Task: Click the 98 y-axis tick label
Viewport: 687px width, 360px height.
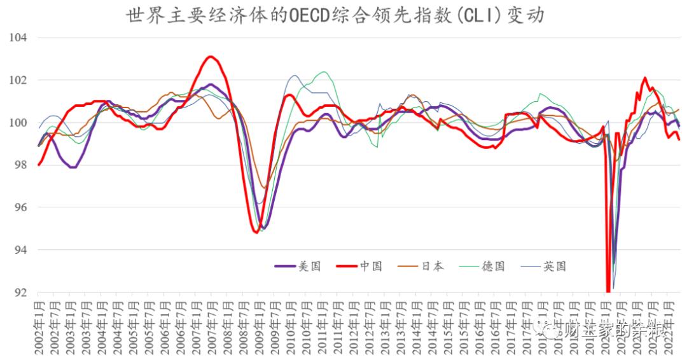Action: click(x=20, y=165)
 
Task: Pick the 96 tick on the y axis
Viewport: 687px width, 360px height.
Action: click(x=20, y=207)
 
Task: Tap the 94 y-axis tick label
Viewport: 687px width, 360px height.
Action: click(x=20, y=250)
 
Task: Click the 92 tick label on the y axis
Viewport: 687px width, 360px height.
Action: click(x=20, y=293)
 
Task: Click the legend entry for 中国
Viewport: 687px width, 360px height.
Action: click(x=359, y=267)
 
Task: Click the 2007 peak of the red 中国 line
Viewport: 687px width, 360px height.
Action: click(x=211, y=57)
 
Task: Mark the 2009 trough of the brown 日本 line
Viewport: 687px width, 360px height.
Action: click(x=263, y=188)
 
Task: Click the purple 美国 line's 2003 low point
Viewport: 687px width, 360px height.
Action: click(x=73, y=167)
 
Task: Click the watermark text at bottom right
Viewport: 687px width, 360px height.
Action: click(x=607, y=329)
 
